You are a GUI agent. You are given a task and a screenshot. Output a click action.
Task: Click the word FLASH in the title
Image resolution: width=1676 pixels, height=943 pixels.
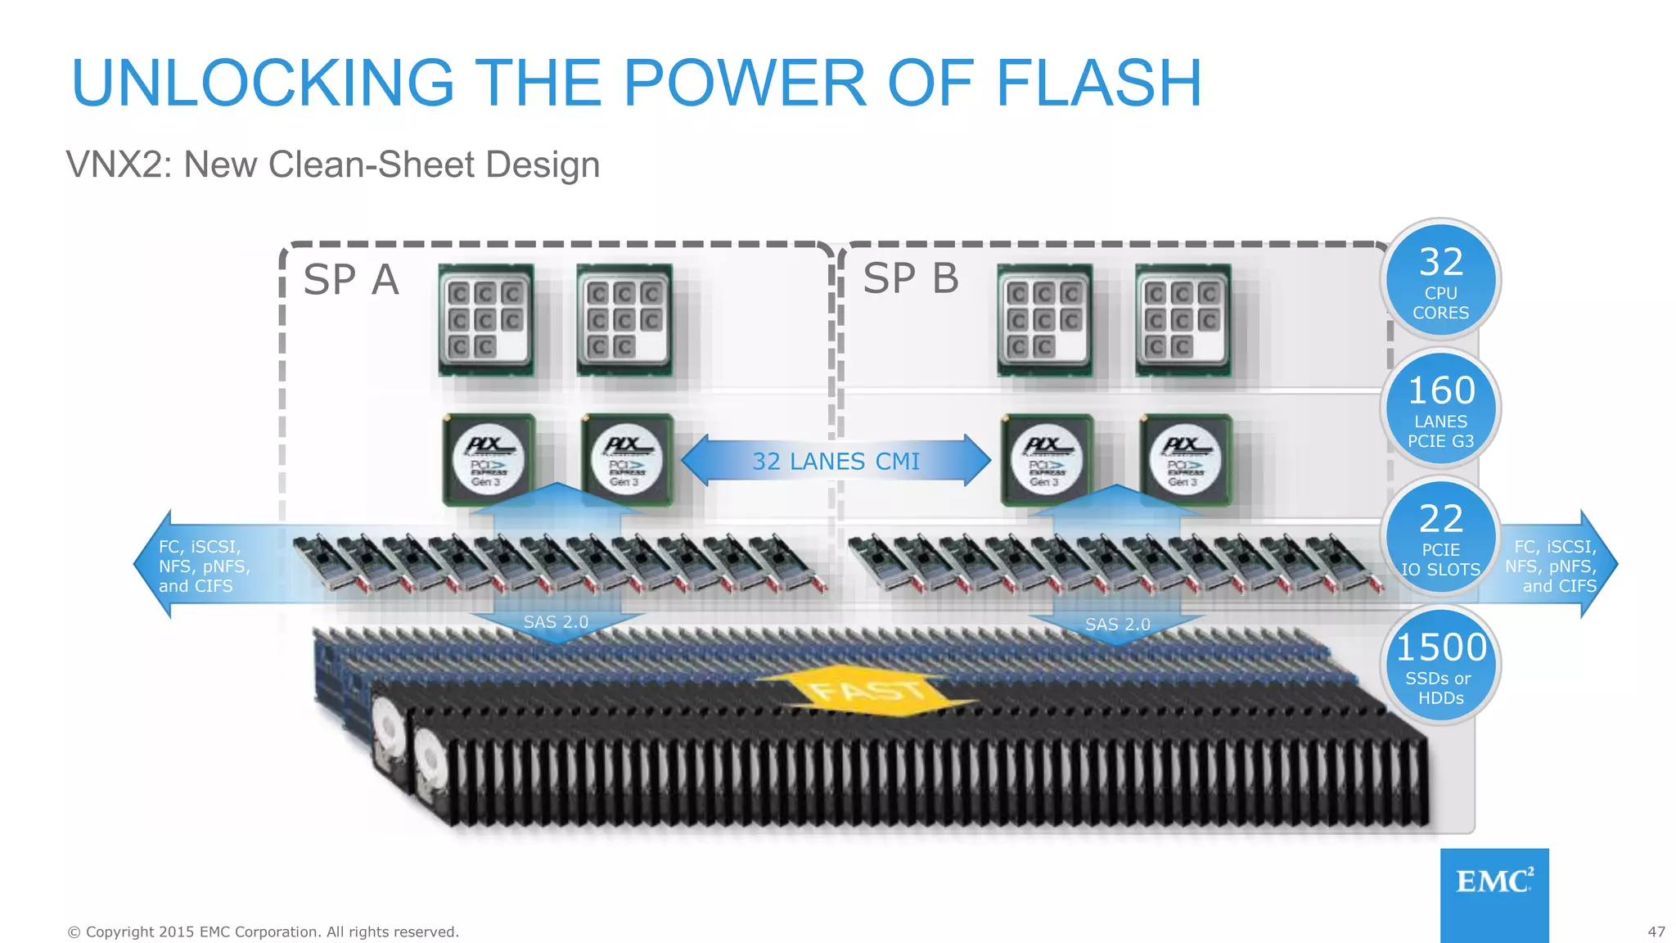tap(1098, 83)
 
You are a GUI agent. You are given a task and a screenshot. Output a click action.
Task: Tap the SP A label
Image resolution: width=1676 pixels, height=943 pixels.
tap(350, 280)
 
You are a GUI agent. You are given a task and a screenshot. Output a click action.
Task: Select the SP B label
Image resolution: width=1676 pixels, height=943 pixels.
tap(910, 278)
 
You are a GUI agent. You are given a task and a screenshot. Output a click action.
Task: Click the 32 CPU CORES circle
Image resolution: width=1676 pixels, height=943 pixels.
tap(1440, 280)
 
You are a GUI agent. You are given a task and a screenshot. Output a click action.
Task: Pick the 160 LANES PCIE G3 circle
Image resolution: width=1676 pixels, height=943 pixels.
tap(1440, 408)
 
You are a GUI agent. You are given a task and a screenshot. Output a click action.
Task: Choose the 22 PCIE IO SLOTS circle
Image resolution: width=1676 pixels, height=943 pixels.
tap(1440, 537)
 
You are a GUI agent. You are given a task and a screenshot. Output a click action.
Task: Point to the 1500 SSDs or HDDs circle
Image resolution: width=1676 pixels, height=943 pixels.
tap(1440, 666)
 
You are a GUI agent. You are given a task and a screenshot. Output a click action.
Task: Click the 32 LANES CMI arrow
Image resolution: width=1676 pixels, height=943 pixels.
tap(836, 461)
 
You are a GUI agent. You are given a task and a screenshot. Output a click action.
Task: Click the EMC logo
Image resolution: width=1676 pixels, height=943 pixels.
tap(1494, 882)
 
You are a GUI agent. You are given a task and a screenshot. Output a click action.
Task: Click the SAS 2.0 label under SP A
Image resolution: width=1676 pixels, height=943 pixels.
tap(556, 622)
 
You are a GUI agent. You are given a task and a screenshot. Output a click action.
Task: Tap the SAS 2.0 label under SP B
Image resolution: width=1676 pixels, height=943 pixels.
tap(1117, 624)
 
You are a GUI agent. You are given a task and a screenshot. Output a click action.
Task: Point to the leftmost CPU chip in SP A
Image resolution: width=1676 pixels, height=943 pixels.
tap(485, 319)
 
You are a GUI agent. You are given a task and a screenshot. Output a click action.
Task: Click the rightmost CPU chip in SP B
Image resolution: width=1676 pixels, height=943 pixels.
tap(1183, 319)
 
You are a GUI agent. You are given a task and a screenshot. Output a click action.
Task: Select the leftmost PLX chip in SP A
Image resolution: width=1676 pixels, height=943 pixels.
tap(489, 459)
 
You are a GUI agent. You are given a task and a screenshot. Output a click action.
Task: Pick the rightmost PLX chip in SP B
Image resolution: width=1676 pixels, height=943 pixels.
tap(1186, 459)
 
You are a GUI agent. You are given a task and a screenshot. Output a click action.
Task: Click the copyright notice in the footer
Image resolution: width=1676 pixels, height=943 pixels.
tap(263, 932)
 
